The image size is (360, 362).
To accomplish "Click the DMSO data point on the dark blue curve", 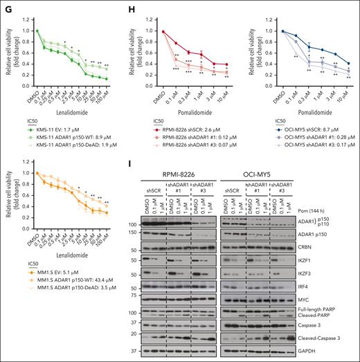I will coord(265,31).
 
